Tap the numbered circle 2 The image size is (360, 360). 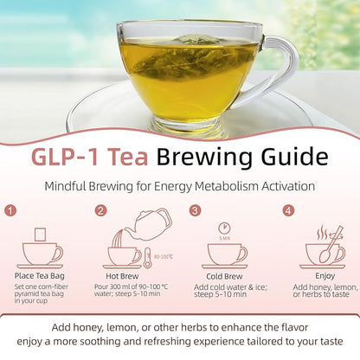(101, 209)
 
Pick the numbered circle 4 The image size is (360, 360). (288, 209)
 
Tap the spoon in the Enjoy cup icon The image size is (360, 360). (335, 249)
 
